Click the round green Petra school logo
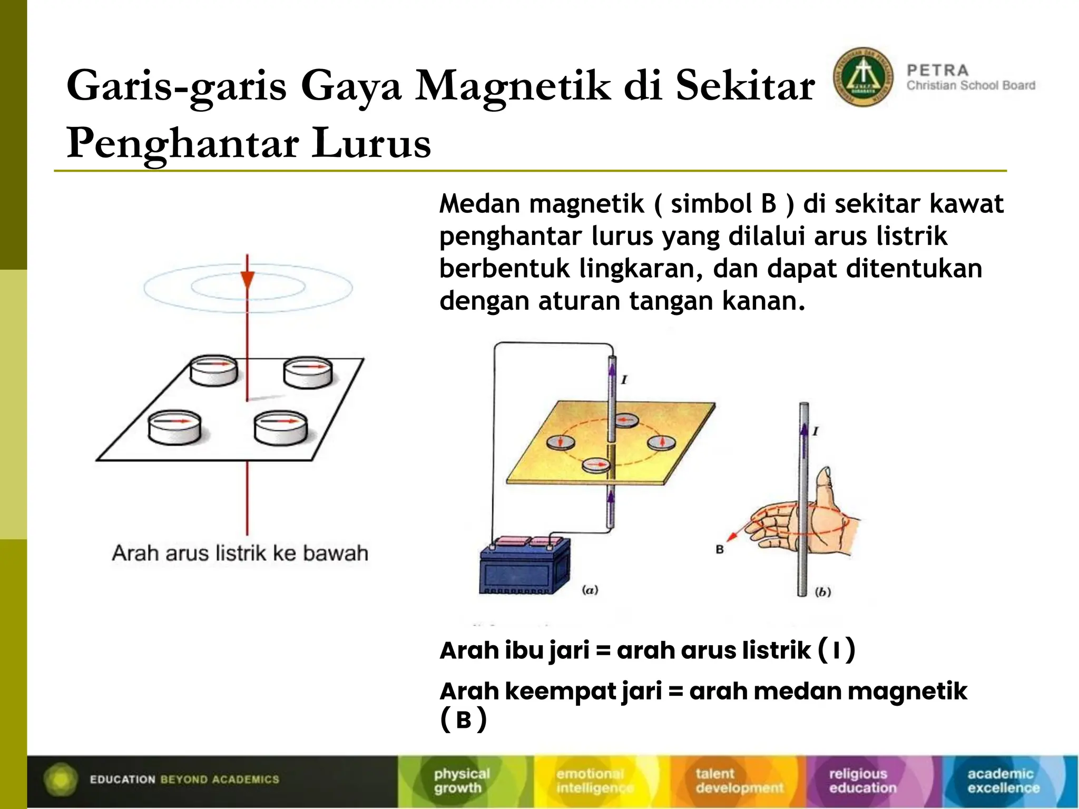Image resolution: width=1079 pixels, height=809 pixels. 863,77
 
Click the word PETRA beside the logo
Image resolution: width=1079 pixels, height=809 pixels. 938,71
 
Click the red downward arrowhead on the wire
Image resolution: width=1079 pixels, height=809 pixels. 247,279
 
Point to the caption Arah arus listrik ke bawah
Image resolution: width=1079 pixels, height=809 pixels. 240,554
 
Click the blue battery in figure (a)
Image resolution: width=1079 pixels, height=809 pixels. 525,566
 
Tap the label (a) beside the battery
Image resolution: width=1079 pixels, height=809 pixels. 590,590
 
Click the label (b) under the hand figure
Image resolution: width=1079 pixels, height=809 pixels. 822,592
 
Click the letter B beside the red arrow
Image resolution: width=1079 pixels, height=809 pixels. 720,549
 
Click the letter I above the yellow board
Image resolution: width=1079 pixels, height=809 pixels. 624,379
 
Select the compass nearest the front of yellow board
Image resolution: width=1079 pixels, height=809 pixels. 596,465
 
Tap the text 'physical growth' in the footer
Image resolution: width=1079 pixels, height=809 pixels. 462,781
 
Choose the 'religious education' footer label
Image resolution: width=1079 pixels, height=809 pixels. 862,781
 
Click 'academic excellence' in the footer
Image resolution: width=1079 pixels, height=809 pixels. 1003,781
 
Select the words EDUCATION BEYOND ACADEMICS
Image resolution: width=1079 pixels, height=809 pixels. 184,780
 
